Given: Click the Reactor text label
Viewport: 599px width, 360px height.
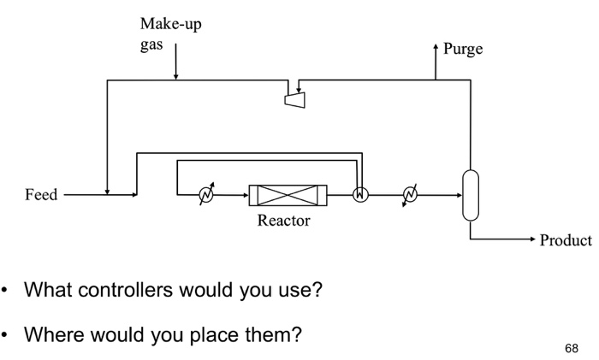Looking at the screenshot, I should coord(284,221).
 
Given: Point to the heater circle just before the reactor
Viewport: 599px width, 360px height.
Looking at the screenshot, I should coord(205,195).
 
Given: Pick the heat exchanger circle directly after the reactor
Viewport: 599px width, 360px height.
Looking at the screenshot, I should coord(361,195).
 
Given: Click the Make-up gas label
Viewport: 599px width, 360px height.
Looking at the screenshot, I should coord(170,33).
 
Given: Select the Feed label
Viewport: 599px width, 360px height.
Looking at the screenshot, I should coord(40,195).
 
